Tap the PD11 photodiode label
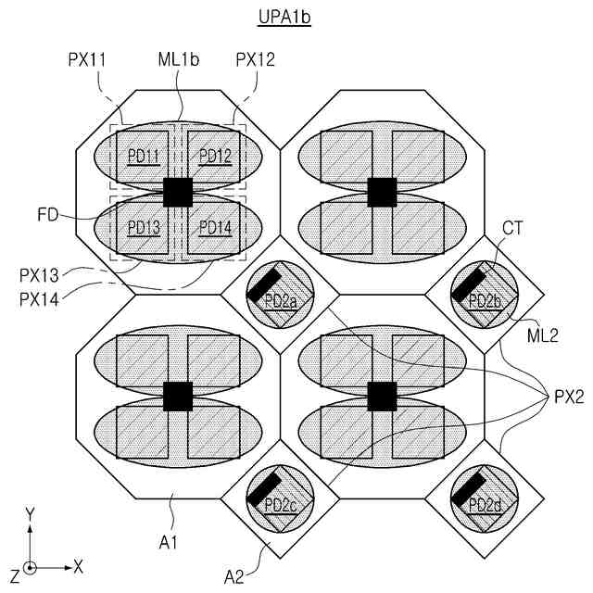coord(144,155)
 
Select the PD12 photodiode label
coord(214,155)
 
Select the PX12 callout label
coord(255,58)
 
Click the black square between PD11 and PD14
coord(177,192)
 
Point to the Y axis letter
coord(31,512)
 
